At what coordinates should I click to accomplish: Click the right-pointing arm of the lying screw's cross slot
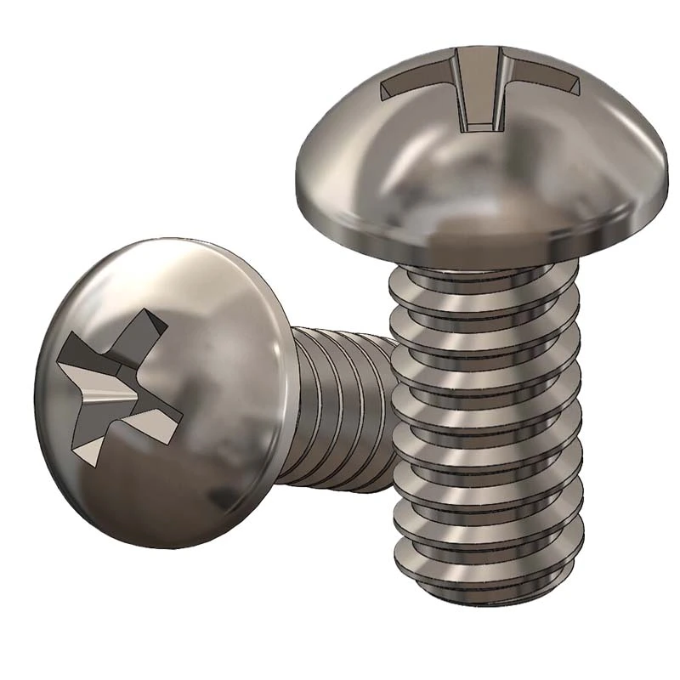161,416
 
